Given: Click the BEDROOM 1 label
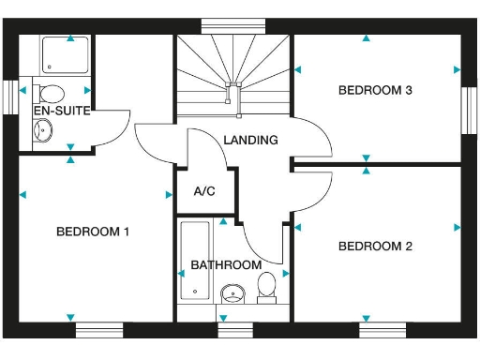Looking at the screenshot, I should coord(93,232).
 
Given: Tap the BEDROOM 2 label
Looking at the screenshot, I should coord(375,247).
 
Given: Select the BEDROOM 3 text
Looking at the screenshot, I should coord(375,91).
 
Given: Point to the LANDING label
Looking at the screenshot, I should coord(250,141).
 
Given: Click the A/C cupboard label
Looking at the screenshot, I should coord(204,191).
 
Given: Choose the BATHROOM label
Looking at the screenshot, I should coord(226,265).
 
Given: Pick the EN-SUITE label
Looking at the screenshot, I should coord(61,111).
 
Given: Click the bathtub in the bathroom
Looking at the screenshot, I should coord(194,261).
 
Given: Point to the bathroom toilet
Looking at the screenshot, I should coord(267,288).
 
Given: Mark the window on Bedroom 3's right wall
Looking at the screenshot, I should coord(469,111).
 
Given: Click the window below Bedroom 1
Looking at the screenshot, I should coord(99,329).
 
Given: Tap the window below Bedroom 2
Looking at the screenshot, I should coord(382,329).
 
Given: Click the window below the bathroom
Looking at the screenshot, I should coord(235,329).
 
